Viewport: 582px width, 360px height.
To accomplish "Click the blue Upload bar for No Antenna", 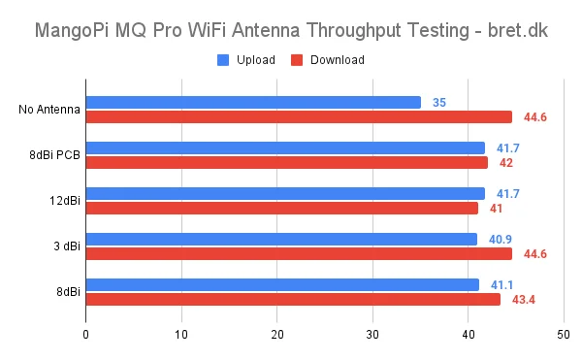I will pos(253,102).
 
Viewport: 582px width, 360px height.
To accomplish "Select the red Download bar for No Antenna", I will pos(299,116).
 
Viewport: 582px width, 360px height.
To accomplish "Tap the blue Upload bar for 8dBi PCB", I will pos(285,147).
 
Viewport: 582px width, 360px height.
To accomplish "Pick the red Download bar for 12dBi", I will pos(281,208).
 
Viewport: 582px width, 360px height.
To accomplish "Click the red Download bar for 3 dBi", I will pos(299,253).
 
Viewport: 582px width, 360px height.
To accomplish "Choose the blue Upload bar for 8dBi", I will pos(282,284).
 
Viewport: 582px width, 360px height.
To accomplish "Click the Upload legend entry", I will pos(247,59).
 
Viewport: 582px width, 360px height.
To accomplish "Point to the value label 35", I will pos(439,102).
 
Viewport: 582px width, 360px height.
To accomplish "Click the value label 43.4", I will pos(524,299).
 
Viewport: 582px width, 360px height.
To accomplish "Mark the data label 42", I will pos(506,162).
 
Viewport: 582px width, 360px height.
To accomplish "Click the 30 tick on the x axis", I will pos(372,335).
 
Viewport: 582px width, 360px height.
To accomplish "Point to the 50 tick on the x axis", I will pos(563,335).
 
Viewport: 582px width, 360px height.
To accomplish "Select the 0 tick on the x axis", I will pos(86,335).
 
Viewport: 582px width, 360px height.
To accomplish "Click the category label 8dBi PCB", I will pos(54,154).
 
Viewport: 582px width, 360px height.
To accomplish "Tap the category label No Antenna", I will pos(49,109).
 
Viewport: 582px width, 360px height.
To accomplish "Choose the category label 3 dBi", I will pos(66,245).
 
